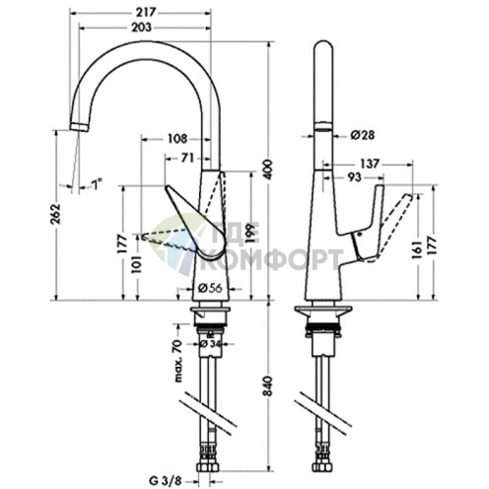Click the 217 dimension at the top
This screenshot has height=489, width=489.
pos(146,12)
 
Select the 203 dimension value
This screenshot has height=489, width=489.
pos(142,28)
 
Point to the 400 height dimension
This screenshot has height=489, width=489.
pos(268,170)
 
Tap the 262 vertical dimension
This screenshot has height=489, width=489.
pos(56,214)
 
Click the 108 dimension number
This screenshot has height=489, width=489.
pos(177,139)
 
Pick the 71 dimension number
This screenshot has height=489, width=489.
pos(187,158)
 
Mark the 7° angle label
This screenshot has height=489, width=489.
pos(97,183)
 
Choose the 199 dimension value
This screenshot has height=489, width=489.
pos(250,234)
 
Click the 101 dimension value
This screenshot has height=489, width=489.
pos(136,264)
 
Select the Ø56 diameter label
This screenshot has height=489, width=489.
pos(210,288)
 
